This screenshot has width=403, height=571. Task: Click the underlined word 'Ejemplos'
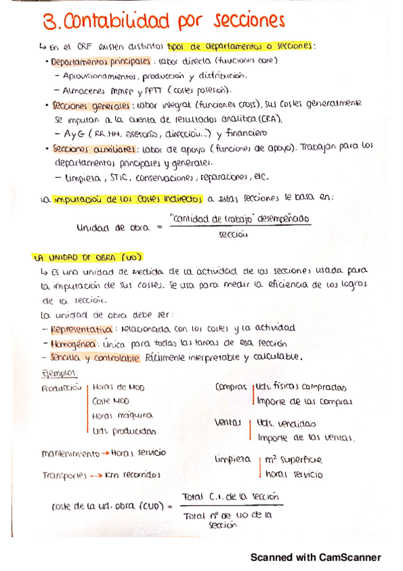click(60, 372)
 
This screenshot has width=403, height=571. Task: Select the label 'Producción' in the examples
click(61, 388)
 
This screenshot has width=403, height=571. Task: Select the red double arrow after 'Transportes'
click(96, 475)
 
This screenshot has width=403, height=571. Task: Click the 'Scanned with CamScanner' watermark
click(316, 558)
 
